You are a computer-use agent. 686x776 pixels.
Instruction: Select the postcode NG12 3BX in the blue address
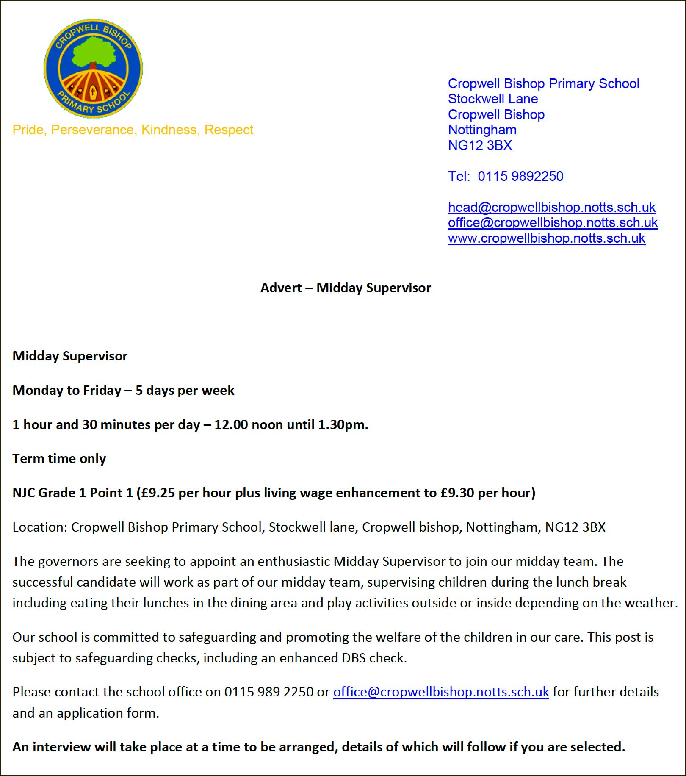point(480,145)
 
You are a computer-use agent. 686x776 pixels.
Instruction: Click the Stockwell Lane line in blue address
point(492,99)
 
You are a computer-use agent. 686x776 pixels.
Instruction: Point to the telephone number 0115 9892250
point(520,176)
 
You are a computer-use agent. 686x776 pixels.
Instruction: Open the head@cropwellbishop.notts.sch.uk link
point(551,207)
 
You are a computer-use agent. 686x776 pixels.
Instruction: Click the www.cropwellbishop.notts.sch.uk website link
point(546,238)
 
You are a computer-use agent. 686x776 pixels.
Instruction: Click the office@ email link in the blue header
point(553,222)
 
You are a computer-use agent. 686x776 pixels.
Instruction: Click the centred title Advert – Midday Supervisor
point(346,288)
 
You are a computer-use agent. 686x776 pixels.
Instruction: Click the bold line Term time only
point(59,458)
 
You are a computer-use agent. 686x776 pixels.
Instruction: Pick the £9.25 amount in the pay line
point(158,493)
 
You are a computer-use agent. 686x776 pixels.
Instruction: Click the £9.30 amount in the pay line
point(457,493)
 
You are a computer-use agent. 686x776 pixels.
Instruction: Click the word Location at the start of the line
point(39,527)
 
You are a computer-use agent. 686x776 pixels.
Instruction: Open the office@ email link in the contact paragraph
point(441,692)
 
